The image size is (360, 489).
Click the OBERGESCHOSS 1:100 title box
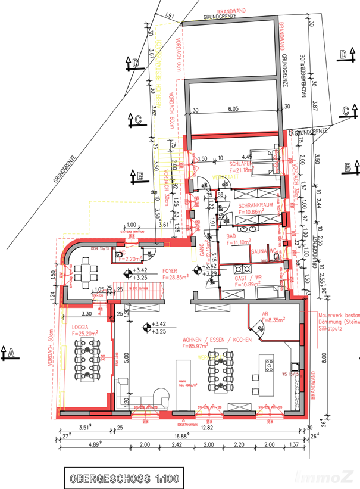pos(121,477)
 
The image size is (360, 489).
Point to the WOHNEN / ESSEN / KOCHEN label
pos(218,340)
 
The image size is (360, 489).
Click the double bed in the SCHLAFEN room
pos(265,159)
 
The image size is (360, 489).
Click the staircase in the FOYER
pos(139,293)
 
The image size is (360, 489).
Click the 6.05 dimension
pos(232,109)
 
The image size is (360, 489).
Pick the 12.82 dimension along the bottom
pos(206,427)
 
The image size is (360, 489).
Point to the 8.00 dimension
pos(323,357)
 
